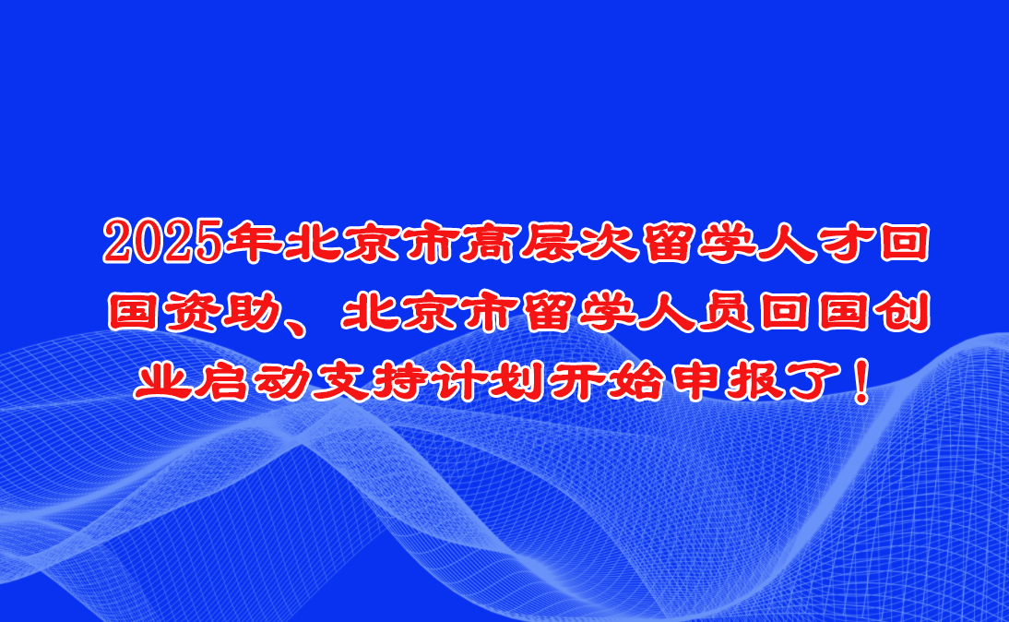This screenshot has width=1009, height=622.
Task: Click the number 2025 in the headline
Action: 163,242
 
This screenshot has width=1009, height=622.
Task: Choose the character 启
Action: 221,381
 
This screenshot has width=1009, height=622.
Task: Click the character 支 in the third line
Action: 339,381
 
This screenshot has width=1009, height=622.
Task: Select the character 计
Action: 458,381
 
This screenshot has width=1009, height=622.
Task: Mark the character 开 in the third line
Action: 576,381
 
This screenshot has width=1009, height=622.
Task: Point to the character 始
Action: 635,381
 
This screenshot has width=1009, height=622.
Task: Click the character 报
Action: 754,381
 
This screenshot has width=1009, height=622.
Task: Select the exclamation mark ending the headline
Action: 860,381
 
